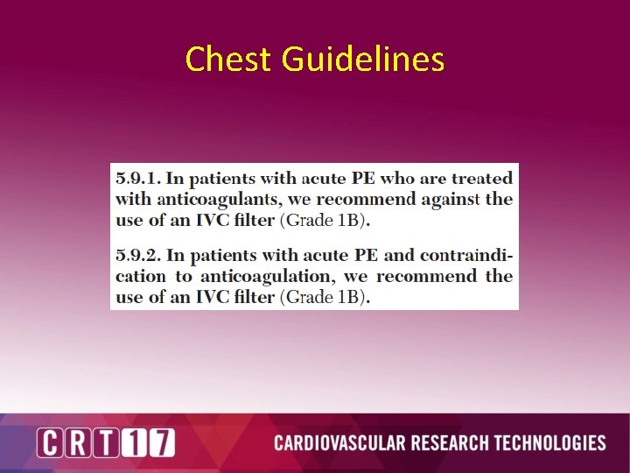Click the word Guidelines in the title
[x=362, y=60]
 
